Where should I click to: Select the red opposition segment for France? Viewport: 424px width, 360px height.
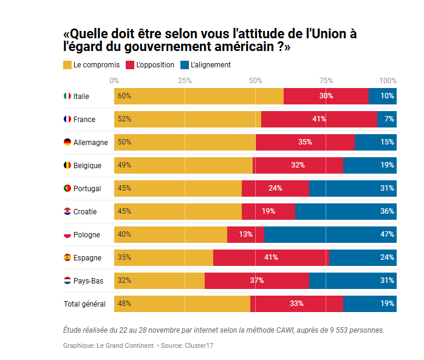point(319,119)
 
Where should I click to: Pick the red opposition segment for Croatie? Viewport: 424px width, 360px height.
point(268,211)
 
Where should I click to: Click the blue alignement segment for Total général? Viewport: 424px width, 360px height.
point(370,304)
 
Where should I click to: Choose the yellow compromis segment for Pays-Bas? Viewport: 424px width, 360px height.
point(159,280)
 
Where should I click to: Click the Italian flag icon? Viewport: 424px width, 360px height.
point(67,96)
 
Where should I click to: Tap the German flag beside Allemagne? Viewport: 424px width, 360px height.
point(67,142)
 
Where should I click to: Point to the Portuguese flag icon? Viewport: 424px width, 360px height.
point(67,188)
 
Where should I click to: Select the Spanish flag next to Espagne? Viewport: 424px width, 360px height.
point(67,257)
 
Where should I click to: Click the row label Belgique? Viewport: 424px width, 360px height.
point(87,165)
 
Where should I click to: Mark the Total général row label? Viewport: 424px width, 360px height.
point(84,304)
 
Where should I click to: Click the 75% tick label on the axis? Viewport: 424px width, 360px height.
point(326,80)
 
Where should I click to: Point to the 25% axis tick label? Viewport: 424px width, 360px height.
point(185,80)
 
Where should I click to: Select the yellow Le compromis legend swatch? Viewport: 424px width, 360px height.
point(67,64)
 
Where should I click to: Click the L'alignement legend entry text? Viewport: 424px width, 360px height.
point(210,64)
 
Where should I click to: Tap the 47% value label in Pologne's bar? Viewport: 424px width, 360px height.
point(387,234)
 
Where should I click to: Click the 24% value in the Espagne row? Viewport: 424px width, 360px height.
point(387,257)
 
